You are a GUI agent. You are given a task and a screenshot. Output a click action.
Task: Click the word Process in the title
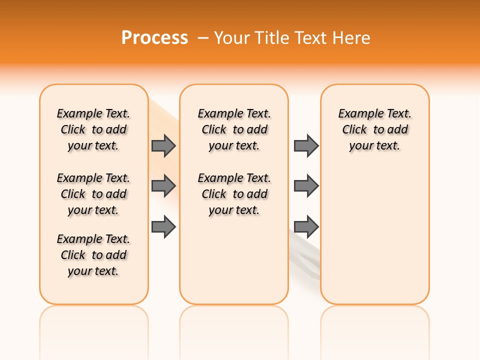click(x=154, y=38)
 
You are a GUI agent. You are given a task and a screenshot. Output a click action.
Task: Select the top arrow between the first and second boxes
click(x=163, y=145)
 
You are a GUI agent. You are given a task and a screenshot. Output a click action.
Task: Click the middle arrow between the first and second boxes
click(x=163, y=186)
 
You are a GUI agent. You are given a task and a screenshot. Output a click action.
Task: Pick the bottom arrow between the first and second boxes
click(x=163, y=227)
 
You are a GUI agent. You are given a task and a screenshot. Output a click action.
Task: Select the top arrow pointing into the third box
click(x=306, y=145)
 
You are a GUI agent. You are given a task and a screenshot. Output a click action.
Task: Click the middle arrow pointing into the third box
click(x=306, y=186)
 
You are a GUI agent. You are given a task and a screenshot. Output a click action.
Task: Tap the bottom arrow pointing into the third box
click(x=306, y=227)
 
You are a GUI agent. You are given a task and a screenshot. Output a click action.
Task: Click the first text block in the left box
click(x=93, y=129)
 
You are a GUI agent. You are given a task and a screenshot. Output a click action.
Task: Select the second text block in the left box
click(x=93, y=194)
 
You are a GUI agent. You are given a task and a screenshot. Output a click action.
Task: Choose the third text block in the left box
click(x=93, y=255)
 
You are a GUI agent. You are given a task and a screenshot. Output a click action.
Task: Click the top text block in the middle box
click(x=234, y=129)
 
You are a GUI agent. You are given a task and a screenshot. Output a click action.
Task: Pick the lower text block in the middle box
click(x=234, y=194)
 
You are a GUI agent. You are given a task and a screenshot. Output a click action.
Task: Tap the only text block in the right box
click(x=374, y=129)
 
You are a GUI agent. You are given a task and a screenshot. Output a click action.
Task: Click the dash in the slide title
click(x=203, y=38)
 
